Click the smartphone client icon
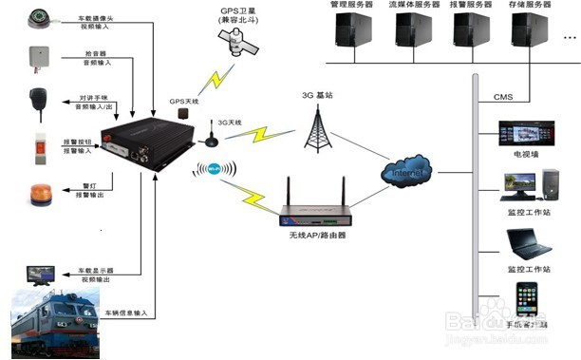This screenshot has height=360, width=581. [526, 302]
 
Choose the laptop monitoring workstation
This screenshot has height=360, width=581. [527, 246]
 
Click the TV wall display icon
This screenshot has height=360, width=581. [524, 135]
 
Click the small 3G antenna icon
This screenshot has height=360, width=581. [210, 140]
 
